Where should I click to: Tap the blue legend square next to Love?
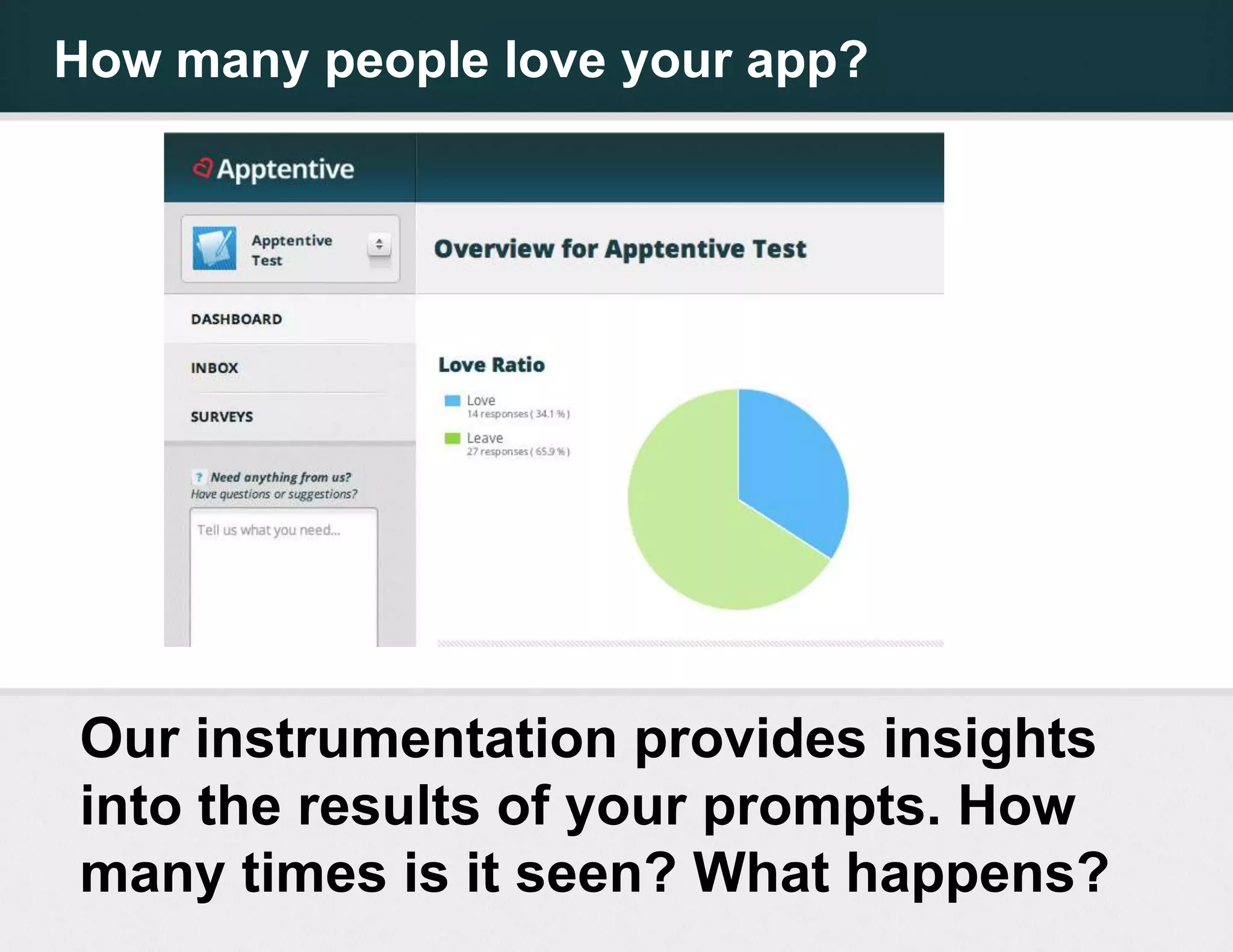pos(452,401)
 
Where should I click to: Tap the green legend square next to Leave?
pos(452,438)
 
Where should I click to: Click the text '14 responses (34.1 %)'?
pos(518,414)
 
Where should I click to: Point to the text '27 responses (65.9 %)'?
pos(518,452)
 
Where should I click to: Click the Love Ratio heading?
pos(491,365)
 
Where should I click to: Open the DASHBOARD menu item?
pos(236,319)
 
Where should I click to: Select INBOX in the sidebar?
pos(214,368)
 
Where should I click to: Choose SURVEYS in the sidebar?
pos(222,416)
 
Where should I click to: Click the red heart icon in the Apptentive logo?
pos(203,168)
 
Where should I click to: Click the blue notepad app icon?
pos(214,248)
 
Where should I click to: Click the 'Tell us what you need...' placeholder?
pos(269,530)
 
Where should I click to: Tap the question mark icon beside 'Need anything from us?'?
pos(199,477)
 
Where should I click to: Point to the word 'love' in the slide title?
pos(554,60)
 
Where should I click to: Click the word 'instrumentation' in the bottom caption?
pos(406,740)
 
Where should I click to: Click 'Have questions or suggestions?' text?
pos(274,495)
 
